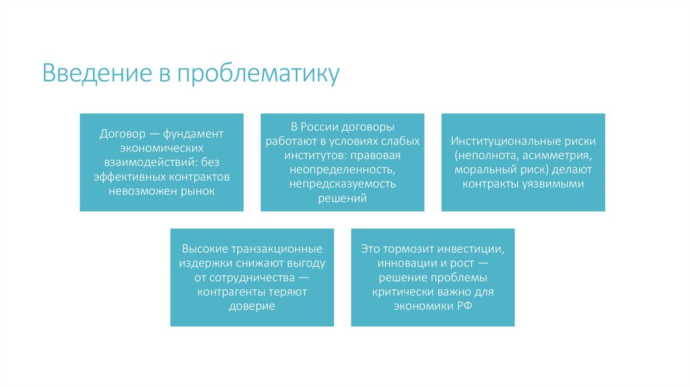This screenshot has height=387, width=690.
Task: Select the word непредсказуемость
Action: click(343, 183)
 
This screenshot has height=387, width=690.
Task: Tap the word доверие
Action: click(252, 306)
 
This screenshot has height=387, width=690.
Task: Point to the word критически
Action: click(402, 292)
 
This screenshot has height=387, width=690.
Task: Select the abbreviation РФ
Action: click(465, 306)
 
